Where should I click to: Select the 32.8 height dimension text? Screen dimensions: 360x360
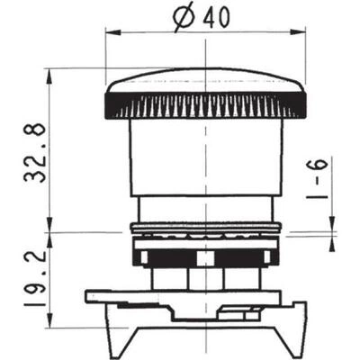tap(35, 153)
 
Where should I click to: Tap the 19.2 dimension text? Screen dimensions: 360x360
tap(35, 278)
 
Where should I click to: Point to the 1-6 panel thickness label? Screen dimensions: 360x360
tap(318, 178)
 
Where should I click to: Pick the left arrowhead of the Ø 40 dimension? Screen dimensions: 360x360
tap(112, 32)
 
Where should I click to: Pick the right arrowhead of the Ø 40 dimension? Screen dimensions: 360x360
tap(298, 32)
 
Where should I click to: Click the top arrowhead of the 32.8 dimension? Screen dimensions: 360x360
tap(49, 76)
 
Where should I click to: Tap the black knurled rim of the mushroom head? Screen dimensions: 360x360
tap(205, 105)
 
